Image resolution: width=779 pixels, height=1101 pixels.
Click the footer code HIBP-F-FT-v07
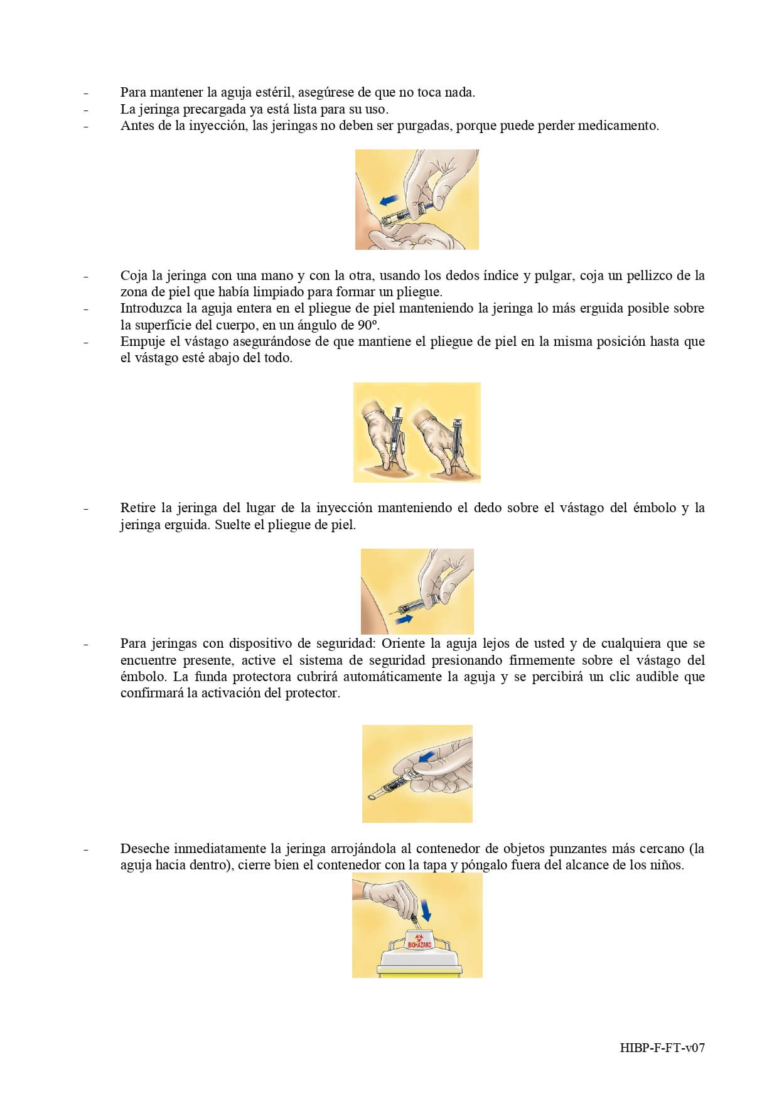click(662, 1048)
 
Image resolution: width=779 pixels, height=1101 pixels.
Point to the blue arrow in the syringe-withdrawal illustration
click(402, 620)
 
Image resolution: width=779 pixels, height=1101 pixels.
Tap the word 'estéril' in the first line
click(274, 92)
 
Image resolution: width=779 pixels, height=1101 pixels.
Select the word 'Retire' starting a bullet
click(137, 508)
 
